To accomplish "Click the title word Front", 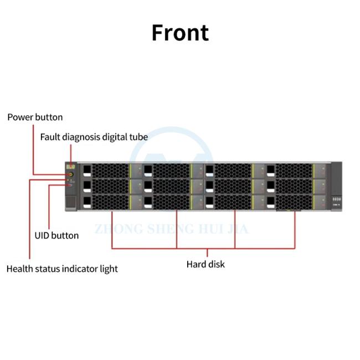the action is pyautogui.click(x=180, y=33).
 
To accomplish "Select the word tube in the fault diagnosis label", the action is pyautogui.click(x=138, y=137).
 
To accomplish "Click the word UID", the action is pyautogui.click(x=42, y=235).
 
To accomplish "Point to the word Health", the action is pyautogui.click(x=20, y=269).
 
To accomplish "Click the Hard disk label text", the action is pyautogui.click(x=205, y=264).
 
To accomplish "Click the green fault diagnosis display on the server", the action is pyautogui.click(x=71, y=167).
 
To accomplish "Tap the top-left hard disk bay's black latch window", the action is pyautogui.click(x=87, y=169).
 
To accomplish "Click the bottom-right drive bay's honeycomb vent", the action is pyautogui.click(x=294, y=203).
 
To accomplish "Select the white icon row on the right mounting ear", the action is pyautogui.click(x=337, y=199).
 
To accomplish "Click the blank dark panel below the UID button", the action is pyautogui.click(x=71, y=202).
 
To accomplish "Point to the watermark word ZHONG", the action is pyautogui.click(x=119, y=229).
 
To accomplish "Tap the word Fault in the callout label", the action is pyautogui.click(x=50, y=137).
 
